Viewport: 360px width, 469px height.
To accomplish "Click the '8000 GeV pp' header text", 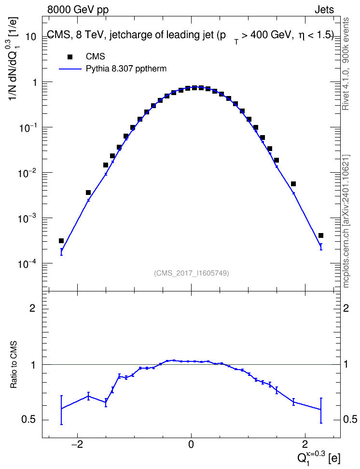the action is [x=78, y=10].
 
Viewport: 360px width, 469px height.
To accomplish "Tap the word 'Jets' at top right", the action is [x=324, y=10].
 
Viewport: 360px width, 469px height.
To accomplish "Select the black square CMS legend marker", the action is [x=70, y=56].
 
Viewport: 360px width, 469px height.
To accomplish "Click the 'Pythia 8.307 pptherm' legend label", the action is [x=126, y=69].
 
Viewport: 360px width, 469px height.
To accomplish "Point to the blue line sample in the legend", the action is [x=70, y=69].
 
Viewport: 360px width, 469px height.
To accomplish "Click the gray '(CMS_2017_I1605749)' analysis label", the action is [x=192, y=273].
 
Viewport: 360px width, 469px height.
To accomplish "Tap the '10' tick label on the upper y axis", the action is [x=31, y=37].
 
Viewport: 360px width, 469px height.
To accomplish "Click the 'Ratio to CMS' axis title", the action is [x=14, y=364].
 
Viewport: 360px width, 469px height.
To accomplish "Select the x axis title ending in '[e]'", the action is [x=318, y=457].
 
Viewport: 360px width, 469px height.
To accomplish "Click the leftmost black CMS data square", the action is [x=61, y=241].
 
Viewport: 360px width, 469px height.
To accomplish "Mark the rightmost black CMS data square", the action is [x=321, y=235].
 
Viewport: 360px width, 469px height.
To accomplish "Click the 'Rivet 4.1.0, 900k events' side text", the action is [x=346, y=64].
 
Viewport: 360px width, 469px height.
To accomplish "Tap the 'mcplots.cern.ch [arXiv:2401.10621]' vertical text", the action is [x=346, y=221].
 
